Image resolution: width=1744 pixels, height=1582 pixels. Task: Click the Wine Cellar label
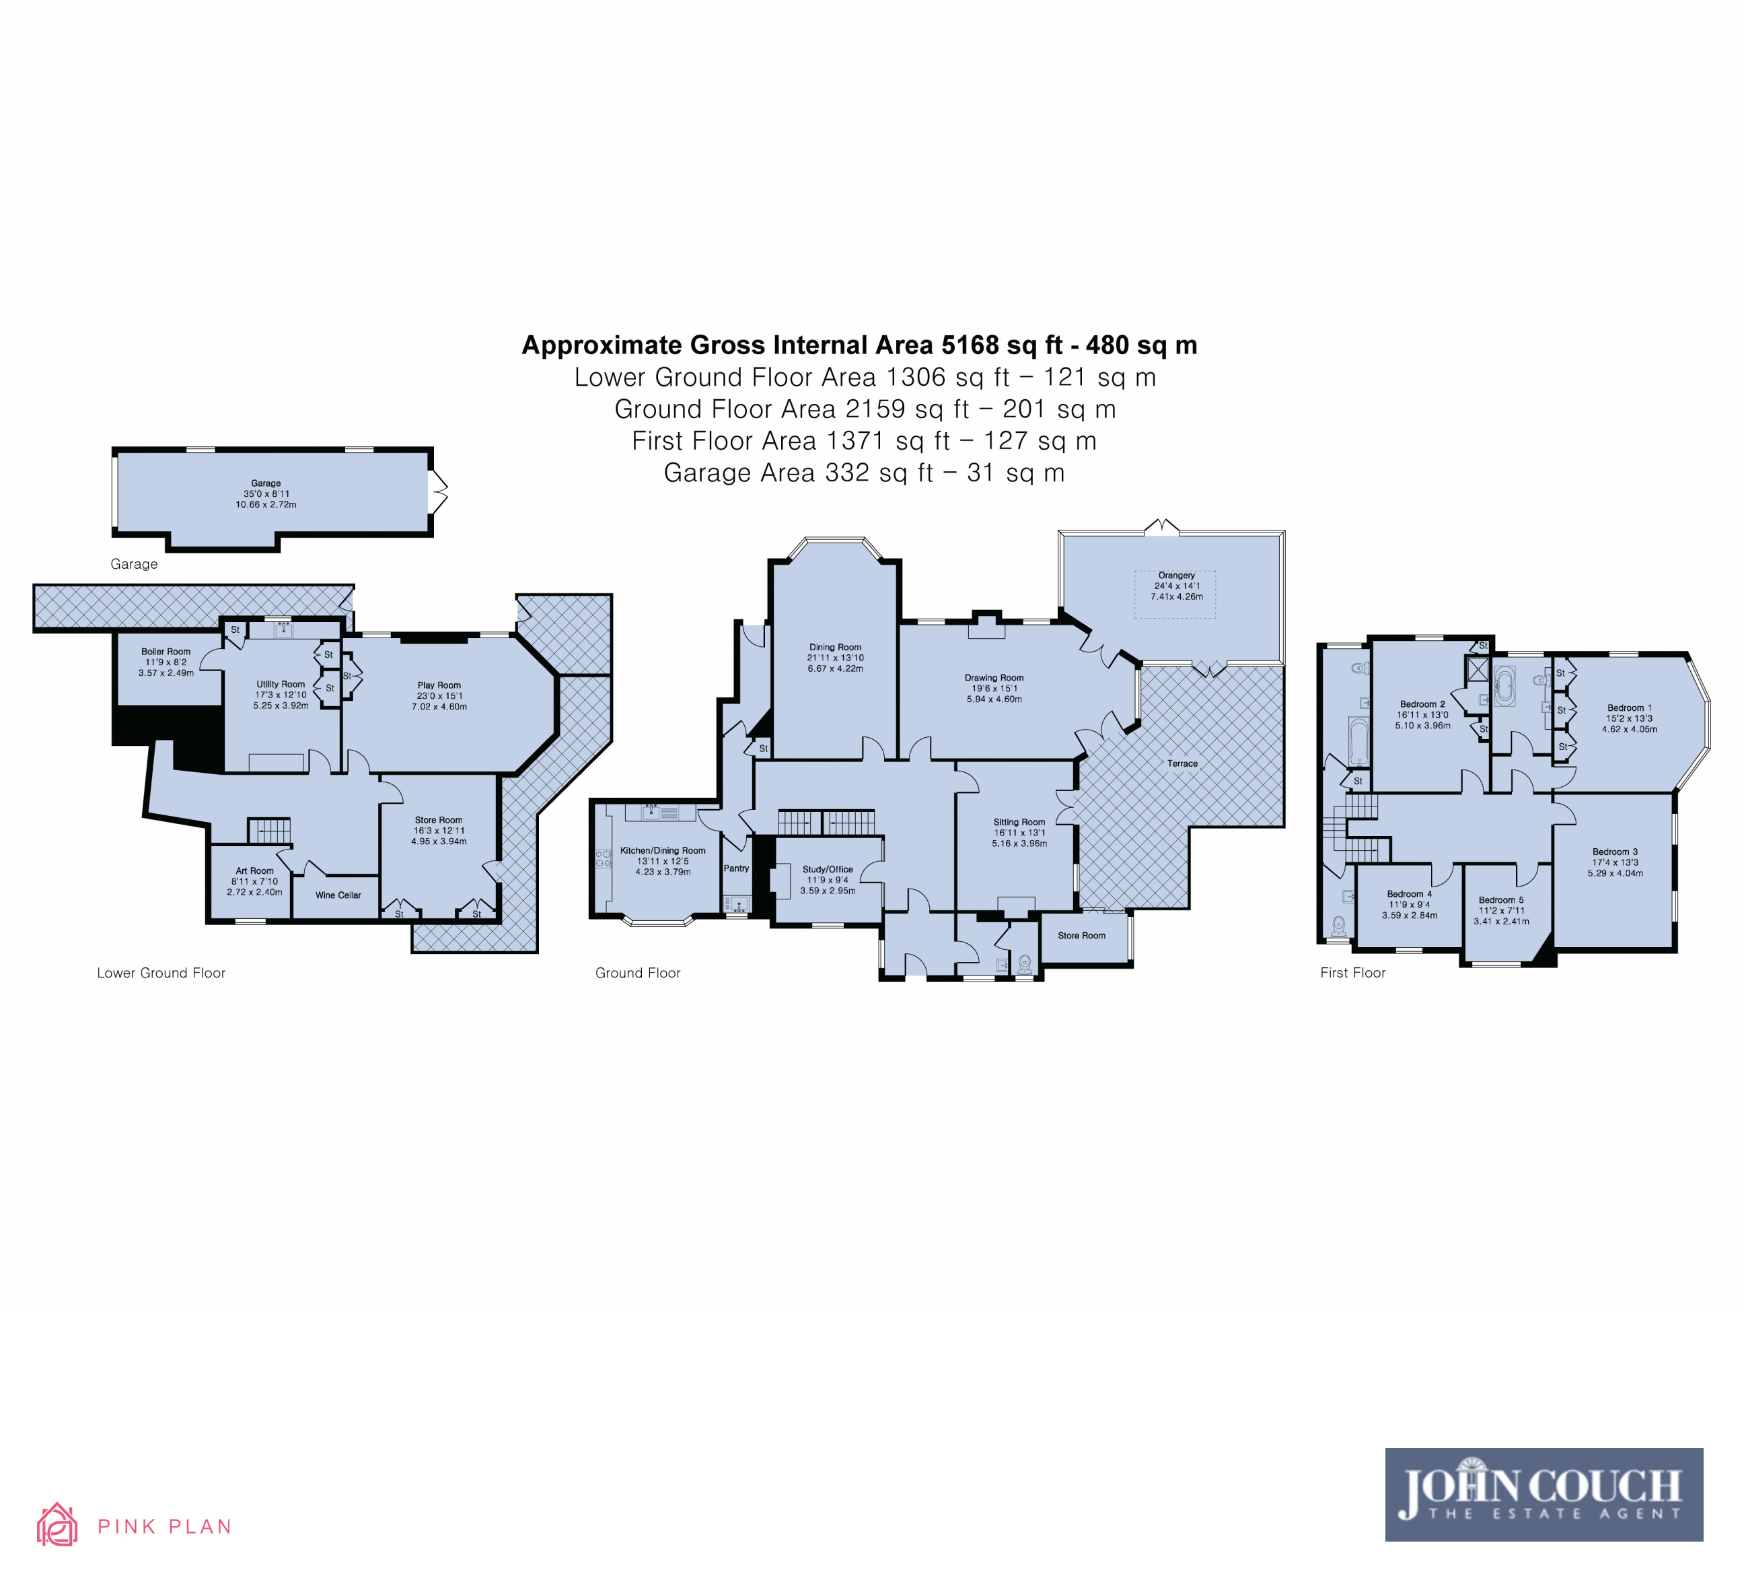(338, 895)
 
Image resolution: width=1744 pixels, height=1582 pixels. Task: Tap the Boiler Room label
(166, 652)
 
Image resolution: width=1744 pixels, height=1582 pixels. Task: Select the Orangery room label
(1177, 575)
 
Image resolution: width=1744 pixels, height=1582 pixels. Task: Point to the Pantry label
(736, 868)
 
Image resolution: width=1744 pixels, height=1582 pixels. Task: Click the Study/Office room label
(828, 869)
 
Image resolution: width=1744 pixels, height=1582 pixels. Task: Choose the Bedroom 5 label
(1501, 900)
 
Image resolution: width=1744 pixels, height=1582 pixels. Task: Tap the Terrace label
(1183, 763)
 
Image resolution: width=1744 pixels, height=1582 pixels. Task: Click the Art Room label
(254, 870)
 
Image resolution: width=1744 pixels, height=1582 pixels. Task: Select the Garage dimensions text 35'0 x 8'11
(266, 494)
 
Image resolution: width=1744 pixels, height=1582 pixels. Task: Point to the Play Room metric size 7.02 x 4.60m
(439, 706)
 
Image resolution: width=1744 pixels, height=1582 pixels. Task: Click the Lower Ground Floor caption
(161, 973)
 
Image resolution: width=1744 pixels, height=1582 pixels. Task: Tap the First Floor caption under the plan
(1353, 973)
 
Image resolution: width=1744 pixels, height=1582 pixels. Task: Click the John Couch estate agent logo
(1544, 1494)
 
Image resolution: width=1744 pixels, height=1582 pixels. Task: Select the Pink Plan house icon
(57, 1524)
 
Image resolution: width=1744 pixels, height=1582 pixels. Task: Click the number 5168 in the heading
(970, 345)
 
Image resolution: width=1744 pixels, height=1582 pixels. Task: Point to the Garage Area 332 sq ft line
(863, 473)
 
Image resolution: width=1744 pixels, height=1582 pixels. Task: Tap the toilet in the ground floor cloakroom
(1025, 963)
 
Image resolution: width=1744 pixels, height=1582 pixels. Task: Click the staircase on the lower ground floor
(270, 831)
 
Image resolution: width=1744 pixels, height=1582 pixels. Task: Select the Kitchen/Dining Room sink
(651, 812)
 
